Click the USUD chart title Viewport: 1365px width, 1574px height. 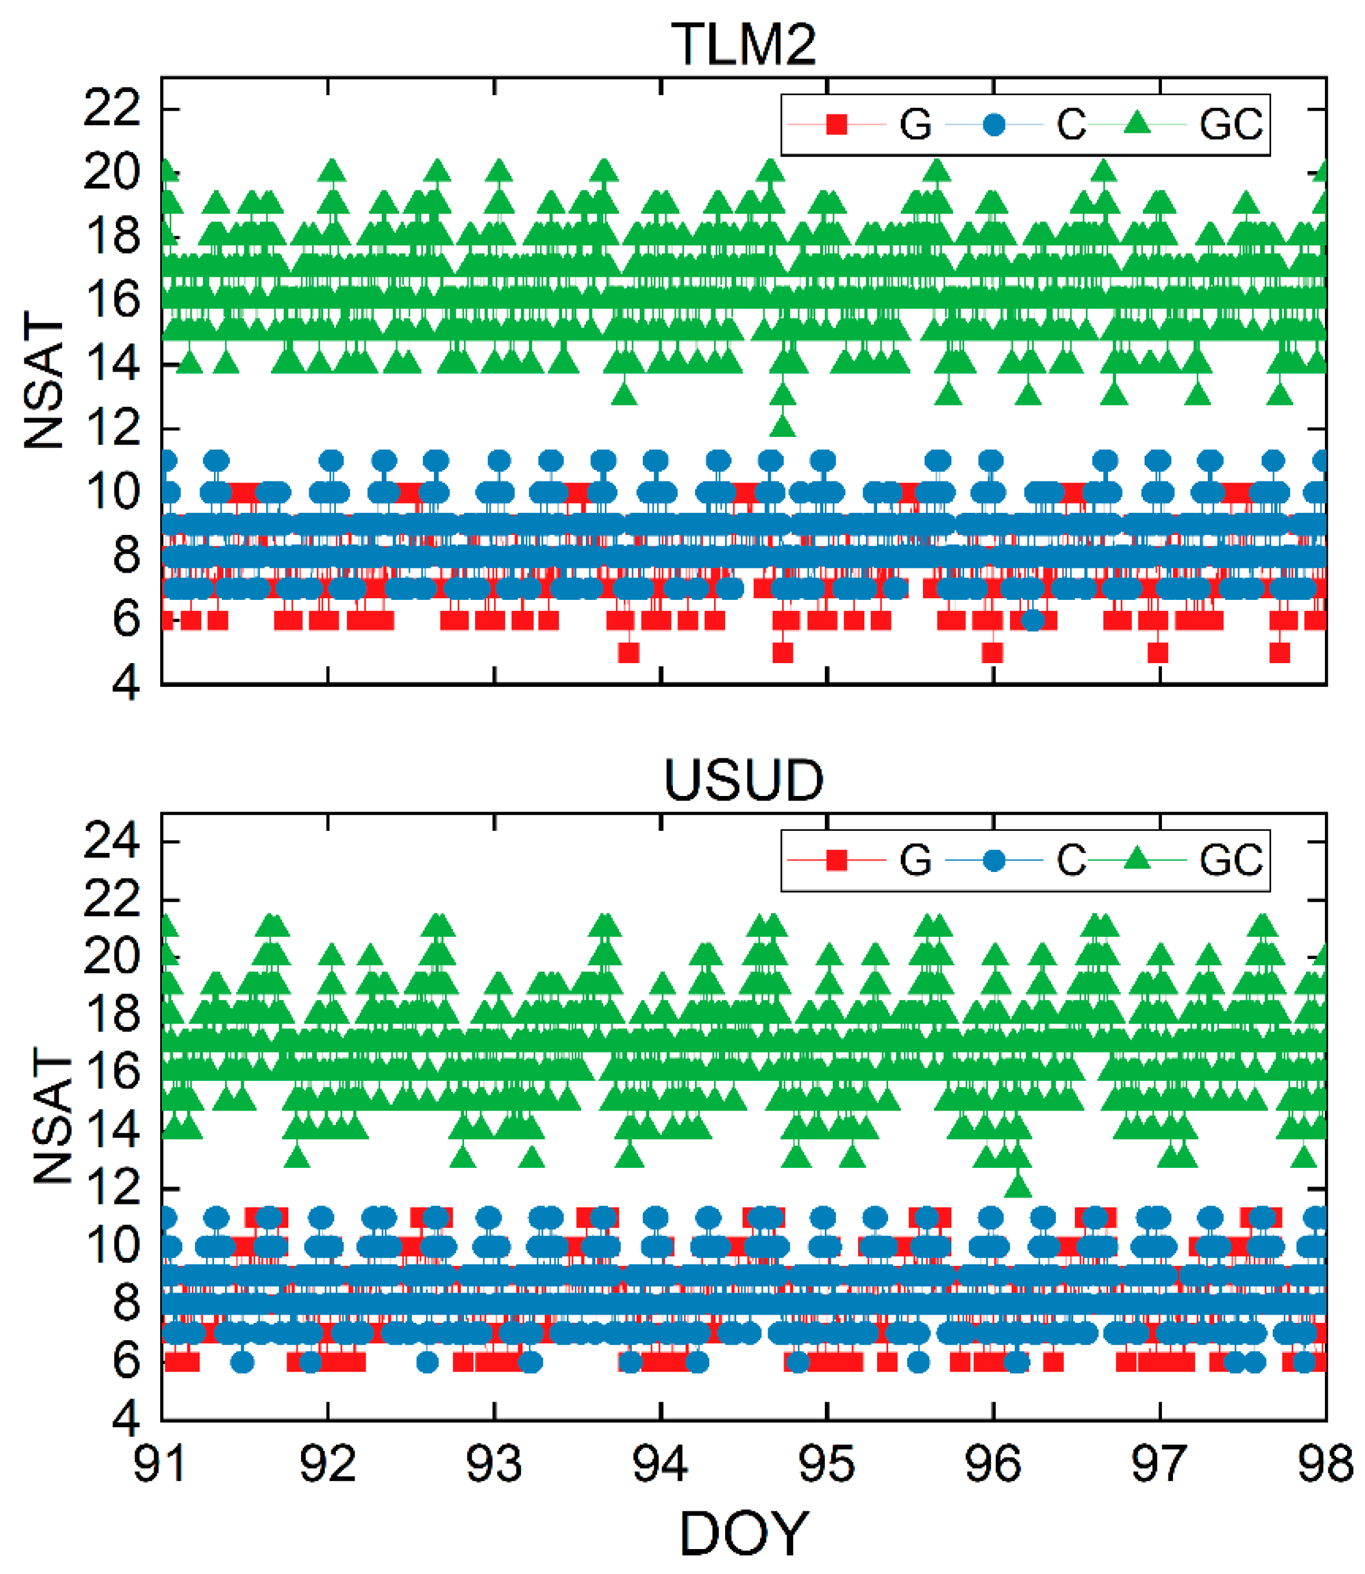coord(744,780)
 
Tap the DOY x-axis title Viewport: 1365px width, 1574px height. coord(744,1533)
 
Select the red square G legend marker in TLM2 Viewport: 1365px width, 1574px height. coord(837,124)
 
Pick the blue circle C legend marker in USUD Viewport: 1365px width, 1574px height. coord(993,860)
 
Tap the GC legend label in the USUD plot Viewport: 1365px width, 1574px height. coord(1231,860)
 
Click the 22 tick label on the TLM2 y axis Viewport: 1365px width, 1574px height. coord(112,108)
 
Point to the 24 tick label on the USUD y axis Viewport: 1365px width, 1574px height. coord(112,842)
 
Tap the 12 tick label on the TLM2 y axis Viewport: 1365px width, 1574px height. coord(112,428)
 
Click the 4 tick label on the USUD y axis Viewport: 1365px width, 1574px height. coord(126,1419)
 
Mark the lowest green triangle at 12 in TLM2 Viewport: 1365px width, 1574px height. coord(783,426)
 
